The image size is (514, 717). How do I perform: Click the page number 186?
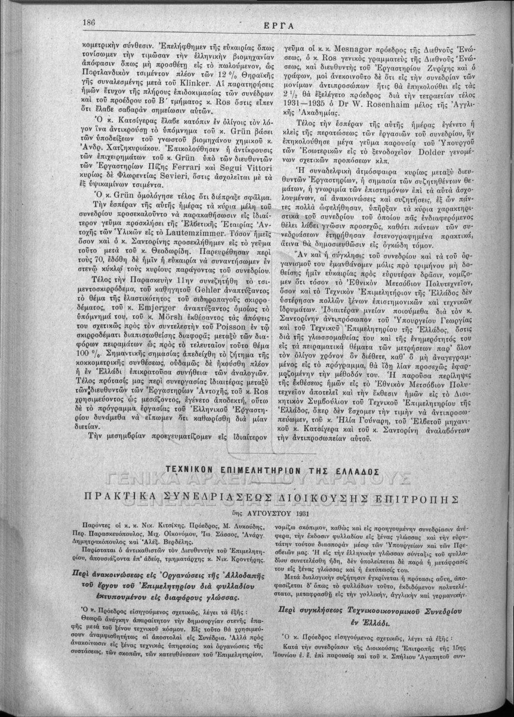tap(90, 23)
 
